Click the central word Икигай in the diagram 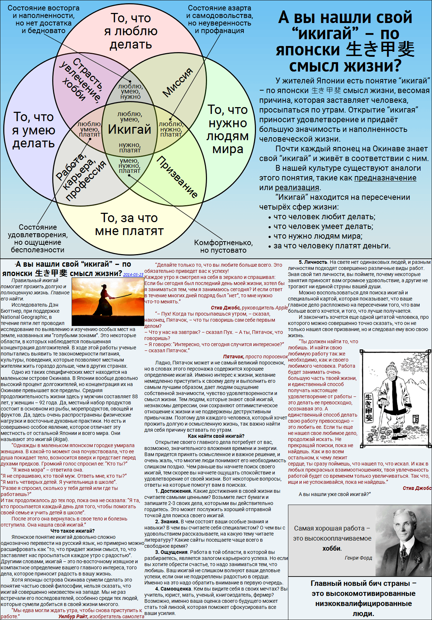coord(130,129)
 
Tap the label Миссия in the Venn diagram coord(178,83)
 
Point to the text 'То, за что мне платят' coord(129,224)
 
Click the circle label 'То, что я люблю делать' coord(131,31)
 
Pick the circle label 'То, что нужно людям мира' coord(228,129)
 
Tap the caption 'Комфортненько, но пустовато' coord(223,247)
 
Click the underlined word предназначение coord(385,178)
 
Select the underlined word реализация coord(297,188)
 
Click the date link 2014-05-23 coord(133,275)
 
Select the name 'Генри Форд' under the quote coord(358,558)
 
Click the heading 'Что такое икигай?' coord(73,531)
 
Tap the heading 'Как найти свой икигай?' coord(216,436)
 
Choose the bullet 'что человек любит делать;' coord(324,217)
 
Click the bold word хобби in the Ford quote coord(332,548)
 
